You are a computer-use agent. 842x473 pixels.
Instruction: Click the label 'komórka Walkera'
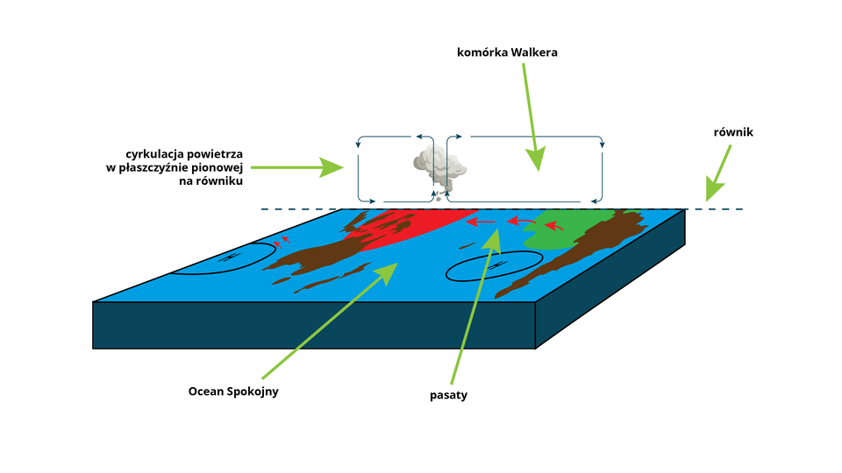point(507,53)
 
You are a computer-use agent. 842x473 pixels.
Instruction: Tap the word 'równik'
point(733,132)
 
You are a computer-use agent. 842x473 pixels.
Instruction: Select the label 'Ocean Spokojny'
point(233,392)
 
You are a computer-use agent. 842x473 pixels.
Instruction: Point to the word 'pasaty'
point(448,395)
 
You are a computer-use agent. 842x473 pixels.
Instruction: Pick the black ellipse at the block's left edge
point(224,258)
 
